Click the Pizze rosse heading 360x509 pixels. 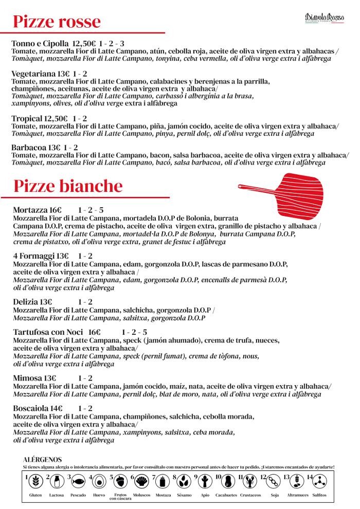[x=57, y=22]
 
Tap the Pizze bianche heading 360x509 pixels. [x=68, y=186]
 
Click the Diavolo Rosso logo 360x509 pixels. [x=324, y=19]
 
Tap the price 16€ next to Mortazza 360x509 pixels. [x=56, y=210]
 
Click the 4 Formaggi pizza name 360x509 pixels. [x=34, y=256]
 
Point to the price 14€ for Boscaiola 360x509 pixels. [x=57, y=408]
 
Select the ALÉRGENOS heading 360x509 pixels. [x=43, y=459]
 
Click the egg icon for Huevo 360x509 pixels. [x=99, y=482]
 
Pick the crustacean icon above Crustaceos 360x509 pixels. [x=250, y=482]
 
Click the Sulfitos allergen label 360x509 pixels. [x=320, y=495]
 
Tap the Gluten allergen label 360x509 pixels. [x=35, y=495]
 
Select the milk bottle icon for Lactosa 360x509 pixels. [x=57, y=482]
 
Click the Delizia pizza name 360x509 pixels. [x=27, y=302]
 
